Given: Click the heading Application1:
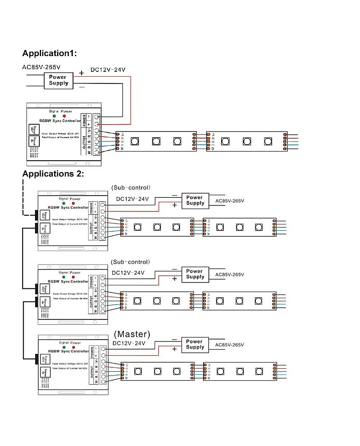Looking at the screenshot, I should click(49, 53).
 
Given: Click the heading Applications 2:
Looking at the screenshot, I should click(53, 174).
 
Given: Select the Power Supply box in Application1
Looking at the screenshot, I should click(58, 80).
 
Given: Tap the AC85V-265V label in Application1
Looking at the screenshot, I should click(41, 67).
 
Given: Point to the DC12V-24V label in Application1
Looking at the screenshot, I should click(108, 70).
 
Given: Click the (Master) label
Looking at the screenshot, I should click(132, 333).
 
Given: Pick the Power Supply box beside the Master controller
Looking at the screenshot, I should click(195, 344).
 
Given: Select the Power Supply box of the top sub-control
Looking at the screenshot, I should click(194, 200).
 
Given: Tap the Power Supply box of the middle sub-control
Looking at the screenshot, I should click(195, 273).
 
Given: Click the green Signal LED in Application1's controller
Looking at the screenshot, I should click(54, 117).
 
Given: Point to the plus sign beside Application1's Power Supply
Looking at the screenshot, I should click(82, 73).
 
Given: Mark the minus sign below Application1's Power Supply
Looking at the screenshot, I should click(82, 87).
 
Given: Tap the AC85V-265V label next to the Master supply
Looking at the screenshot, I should click(230, 345).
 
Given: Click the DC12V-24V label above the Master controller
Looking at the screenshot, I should click(129, 343).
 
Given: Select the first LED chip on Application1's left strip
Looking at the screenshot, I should click(135, 141).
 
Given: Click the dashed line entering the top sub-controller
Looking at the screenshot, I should click(23, 197).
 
